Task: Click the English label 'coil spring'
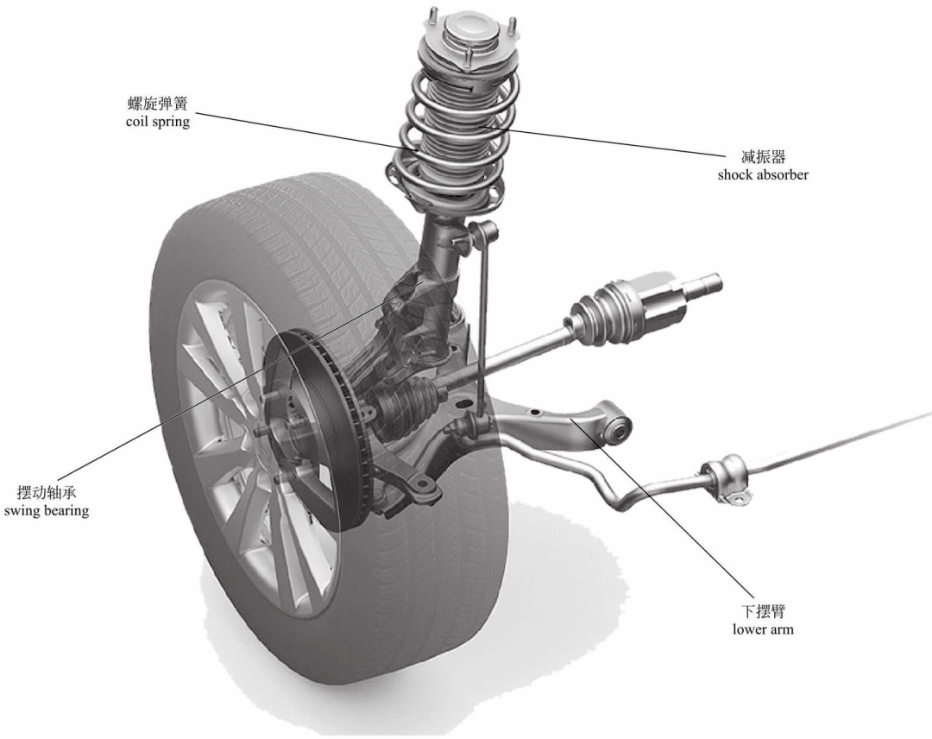pos(157,123)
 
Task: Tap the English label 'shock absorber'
pos(763,174)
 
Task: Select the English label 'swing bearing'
pos(46,510)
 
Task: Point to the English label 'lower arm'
pos(763,629)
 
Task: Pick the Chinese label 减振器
pos(763,157)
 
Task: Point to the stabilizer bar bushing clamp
pos(726,478)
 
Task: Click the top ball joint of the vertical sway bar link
pos(485,231)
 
